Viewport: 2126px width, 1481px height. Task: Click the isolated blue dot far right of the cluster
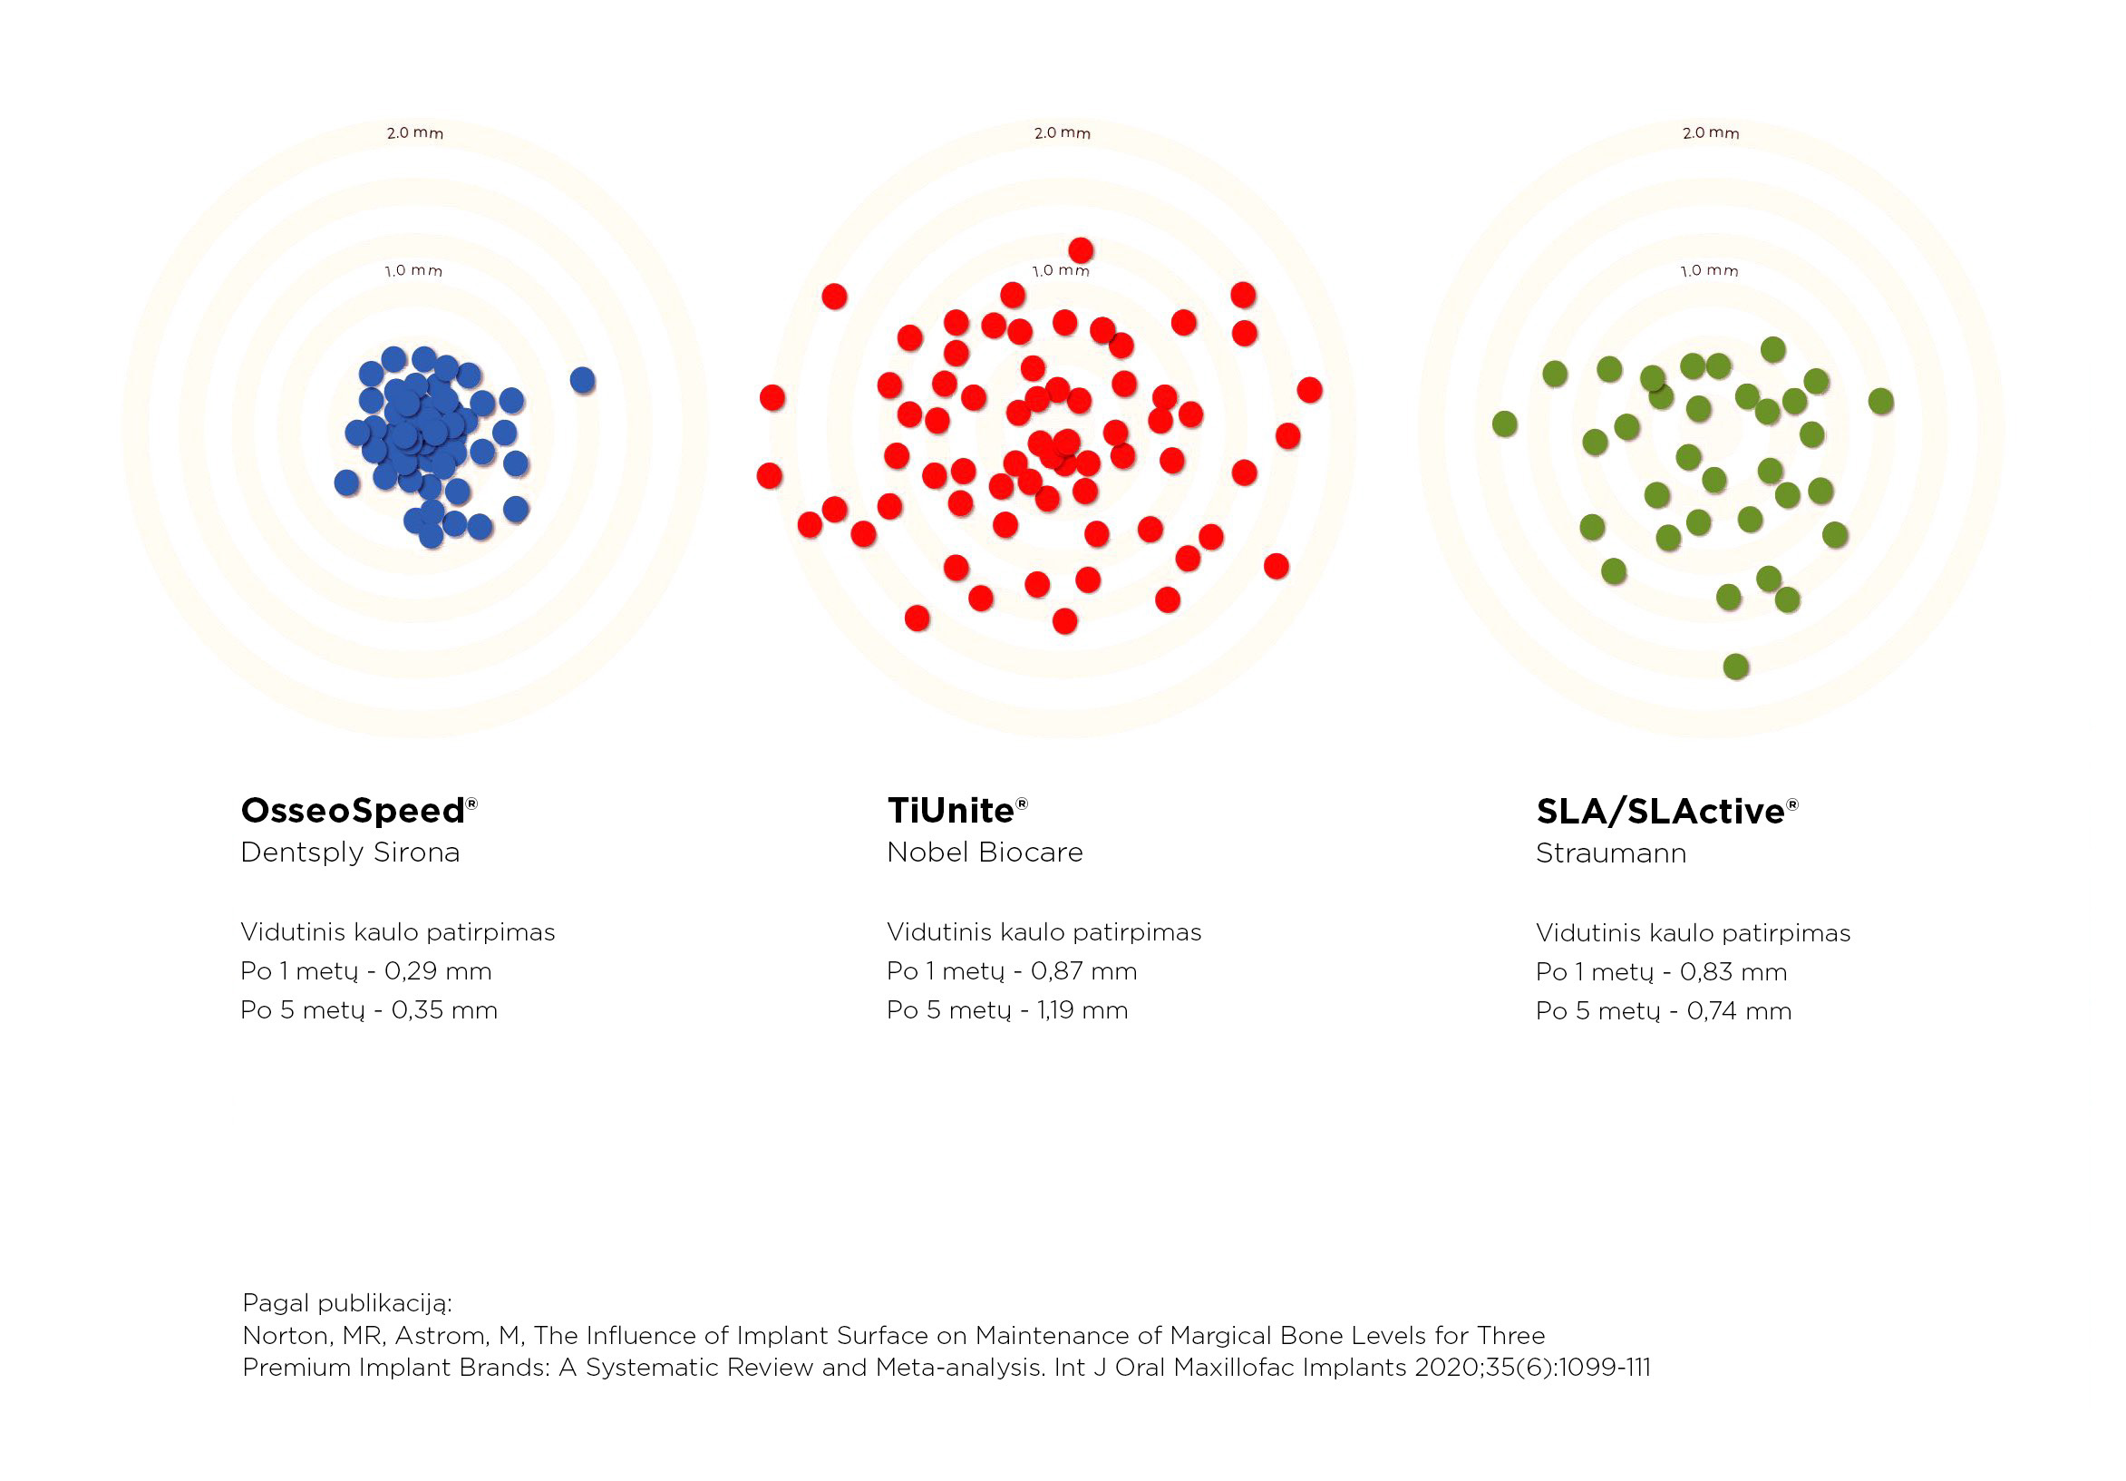tap(582, 380)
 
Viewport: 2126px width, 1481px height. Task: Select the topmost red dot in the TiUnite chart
tap(1081, 250)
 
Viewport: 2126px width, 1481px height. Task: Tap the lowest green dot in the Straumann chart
tap(1736, 666)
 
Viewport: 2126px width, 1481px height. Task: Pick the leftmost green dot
tap(1506, 424)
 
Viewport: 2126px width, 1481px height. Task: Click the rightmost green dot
tap(1881, 401)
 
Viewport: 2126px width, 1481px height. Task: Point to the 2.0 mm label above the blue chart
tap(415, 133)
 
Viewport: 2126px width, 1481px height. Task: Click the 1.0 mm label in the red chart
tap(1061, 270)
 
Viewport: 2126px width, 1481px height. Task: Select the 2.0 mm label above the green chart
tap(1711, 133)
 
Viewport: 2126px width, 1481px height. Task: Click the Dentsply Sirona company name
tap(350, 853)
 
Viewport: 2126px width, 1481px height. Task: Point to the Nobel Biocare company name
tap(985, 853)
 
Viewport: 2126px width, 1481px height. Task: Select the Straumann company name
tap(1611, 853)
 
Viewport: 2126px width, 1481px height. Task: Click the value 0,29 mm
tap(438, 971)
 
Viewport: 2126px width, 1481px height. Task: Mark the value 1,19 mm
tap(1082, 1010)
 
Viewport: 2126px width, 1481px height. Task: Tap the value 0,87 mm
tap(1084, 971)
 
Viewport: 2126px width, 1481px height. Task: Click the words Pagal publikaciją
tap(347, 1303)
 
